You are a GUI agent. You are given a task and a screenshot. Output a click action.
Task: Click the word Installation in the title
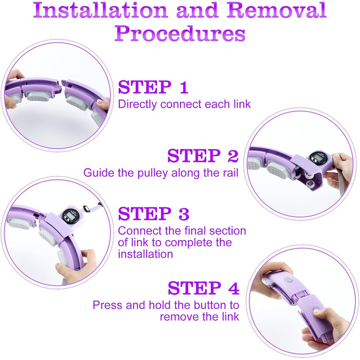tap(100, 10)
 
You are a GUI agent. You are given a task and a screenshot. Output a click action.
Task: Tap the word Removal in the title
tap(277, 10)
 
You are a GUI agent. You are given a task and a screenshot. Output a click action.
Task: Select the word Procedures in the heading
tap(180, 33)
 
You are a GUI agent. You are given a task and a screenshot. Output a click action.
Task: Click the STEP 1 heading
tap(153, 87)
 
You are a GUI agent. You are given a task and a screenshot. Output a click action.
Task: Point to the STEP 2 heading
tap(203, 156)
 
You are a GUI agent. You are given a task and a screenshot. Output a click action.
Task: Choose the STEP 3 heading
tap(154, 213)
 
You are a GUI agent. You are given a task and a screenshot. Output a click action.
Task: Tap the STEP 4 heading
tap(204, 288)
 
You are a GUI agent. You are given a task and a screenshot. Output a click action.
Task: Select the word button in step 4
tap(210, 305)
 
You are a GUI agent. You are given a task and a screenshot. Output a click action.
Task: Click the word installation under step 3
tap(146, 254)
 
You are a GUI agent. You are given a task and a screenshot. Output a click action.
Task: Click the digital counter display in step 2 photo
tap(317, 158)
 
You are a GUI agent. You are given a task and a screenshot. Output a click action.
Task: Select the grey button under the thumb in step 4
tap(316, 309)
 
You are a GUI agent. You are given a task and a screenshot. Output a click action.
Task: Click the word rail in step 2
tap(230, 173)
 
